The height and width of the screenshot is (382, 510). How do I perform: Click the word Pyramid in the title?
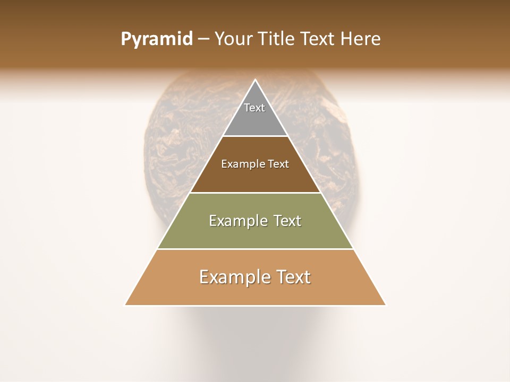(156, 39)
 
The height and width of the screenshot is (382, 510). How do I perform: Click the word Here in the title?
(360, 39)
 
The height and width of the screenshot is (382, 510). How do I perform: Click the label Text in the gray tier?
(254, 108)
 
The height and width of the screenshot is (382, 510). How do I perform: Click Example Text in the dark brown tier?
(255, 164)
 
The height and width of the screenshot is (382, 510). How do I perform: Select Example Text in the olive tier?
(255, 221)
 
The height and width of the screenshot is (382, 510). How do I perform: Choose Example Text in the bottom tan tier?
(255, 277)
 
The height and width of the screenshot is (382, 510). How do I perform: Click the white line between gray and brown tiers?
(255, 136)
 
